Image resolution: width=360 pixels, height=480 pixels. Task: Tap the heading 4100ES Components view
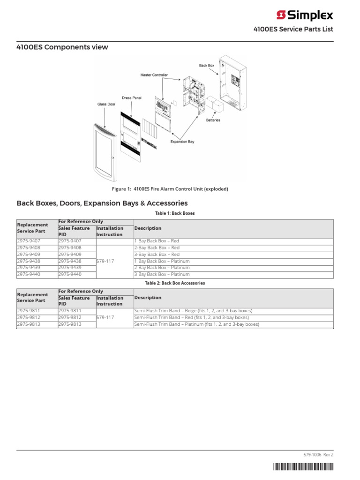[62, 47]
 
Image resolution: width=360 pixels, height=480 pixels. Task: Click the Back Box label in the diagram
[206, 66]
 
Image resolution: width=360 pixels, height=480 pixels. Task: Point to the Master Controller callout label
[154, 75]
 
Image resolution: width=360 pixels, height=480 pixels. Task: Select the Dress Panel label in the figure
[131, 98]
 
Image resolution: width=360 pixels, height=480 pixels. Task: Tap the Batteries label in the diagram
[213, 120]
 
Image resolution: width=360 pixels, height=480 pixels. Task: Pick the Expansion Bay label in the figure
[182, 141]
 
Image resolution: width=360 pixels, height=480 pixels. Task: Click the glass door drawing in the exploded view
[105, 152]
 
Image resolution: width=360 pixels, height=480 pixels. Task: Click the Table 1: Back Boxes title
[175, 213]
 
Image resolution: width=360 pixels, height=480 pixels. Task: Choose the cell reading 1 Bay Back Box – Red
[157, 241]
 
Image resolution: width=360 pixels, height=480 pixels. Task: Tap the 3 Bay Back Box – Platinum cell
[162, 274]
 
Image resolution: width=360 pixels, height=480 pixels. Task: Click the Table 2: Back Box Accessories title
[175, 283]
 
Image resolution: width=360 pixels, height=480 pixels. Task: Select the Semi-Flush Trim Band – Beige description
[193, 311]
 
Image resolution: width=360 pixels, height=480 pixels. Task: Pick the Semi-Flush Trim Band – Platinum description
[196, 324]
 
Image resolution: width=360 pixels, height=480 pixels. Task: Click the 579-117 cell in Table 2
[105, 317]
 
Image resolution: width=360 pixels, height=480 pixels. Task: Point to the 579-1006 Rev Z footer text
[319, 455]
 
